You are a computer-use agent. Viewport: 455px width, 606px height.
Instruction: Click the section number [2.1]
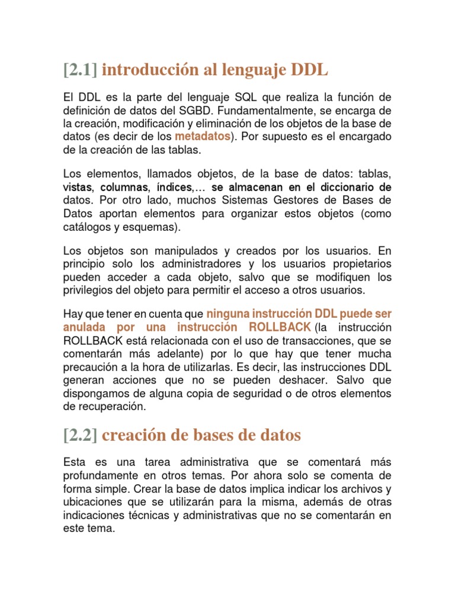click(80, 70)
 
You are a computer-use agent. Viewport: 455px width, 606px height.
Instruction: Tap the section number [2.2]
click(80, 435)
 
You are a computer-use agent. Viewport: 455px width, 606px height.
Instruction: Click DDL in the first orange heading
click(309, 70)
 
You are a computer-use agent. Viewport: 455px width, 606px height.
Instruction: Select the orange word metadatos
click(202, 136)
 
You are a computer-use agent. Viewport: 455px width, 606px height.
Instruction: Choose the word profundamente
click(102, 475)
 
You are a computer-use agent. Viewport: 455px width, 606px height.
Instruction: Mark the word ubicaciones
click(91, 501)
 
